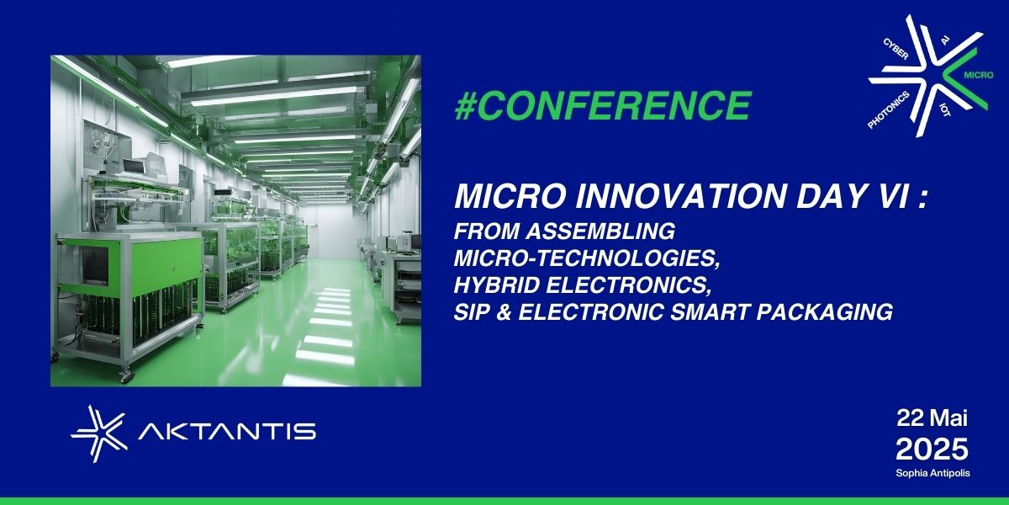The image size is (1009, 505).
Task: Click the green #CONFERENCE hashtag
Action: click(x=603, y=105)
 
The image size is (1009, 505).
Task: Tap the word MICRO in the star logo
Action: click(x=979, y=75)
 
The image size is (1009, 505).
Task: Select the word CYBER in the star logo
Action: click(x=895, y=49)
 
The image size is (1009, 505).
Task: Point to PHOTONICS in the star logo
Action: click(x=888, y=110)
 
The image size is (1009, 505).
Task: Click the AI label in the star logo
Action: click(x=945, y=40)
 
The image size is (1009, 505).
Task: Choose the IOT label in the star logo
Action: click(x=945, y=110)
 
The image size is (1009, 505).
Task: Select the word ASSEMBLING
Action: click(x=600, y=231)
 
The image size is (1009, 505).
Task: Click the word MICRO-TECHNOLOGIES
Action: click(x=587, y=258)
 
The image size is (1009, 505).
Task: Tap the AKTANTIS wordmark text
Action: click(x=226, y=432)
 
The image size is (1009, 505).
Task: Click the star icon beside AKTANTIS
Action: click(x=98, y=433)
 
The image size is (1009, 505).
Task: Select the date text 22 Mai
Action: click(x=932, y=418)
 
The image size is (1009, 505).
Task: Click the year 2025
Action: click(x=932, y=449)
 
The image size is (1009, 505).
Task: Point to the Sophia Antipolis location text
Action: click(x=932, y=473)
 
